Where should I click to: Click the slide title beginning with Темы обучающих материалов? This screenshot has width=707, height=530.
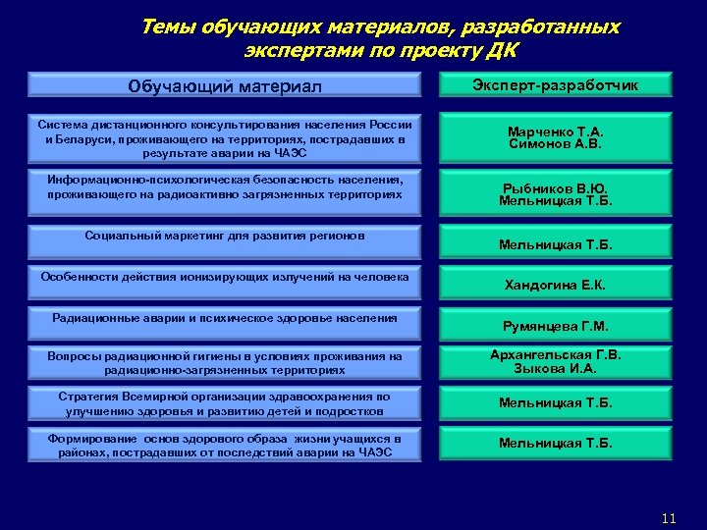(380, 37)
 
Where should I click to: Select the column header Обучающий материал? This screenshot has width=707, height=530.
(225, 86)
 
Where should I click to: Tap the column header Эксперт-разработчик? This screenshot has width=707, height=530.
(556, 85)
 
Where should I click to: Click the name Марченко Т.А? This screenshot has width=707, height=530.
(556, 132)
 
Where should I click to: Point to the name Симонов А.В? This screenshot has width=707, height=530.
(556, 144)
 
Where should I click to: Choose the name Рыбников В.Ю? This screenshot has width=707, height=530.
(556, 188)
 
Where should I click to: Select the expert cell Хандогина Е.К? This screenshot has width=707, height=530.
(556, 286)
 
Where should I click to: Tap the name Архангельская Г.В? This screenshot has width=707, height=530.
(556, 355)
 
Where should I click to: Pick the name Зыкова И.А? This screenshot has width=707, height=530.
(556, 369)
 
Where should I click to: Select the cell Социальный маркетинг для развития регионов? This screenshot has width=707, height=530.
(225, 237)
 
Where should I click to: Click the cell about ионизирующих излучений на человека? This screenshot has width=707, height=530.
(225, 278)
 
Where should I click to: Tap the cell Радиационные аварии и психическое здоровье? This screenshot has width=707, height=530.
(225, 318)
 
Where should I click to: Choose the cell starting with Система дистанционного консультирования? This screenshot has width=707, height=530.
(225, 138)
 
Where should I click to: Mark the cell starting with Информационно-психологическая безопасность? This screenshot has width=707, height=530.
(225, 187)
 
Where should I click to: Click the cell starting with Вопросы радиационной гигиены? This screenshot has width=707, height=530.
(225, 363)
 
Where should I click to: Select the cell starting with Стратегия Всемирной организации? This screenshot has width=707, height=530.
(225, 403)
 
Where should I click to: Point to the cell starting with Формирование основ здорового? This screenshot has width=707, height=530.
(225, 446)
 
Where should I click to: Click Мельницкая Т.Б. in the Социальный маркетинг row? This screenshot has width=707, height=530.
(556, 245)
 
